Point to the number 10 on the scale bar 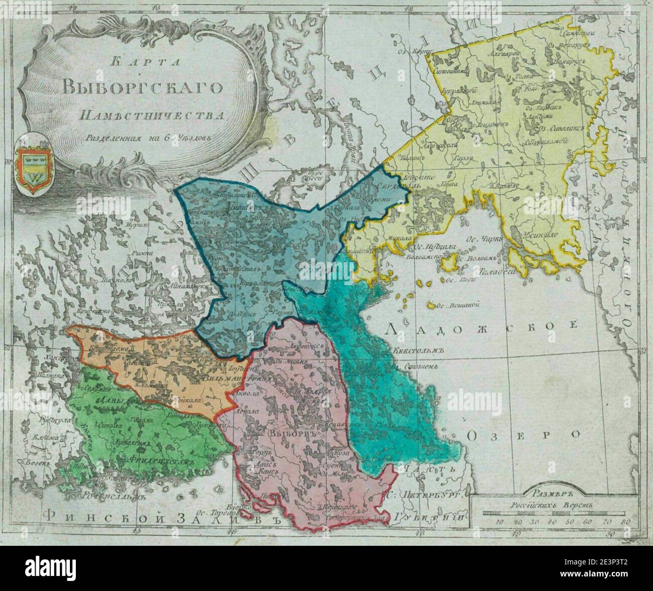[500, 522]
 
